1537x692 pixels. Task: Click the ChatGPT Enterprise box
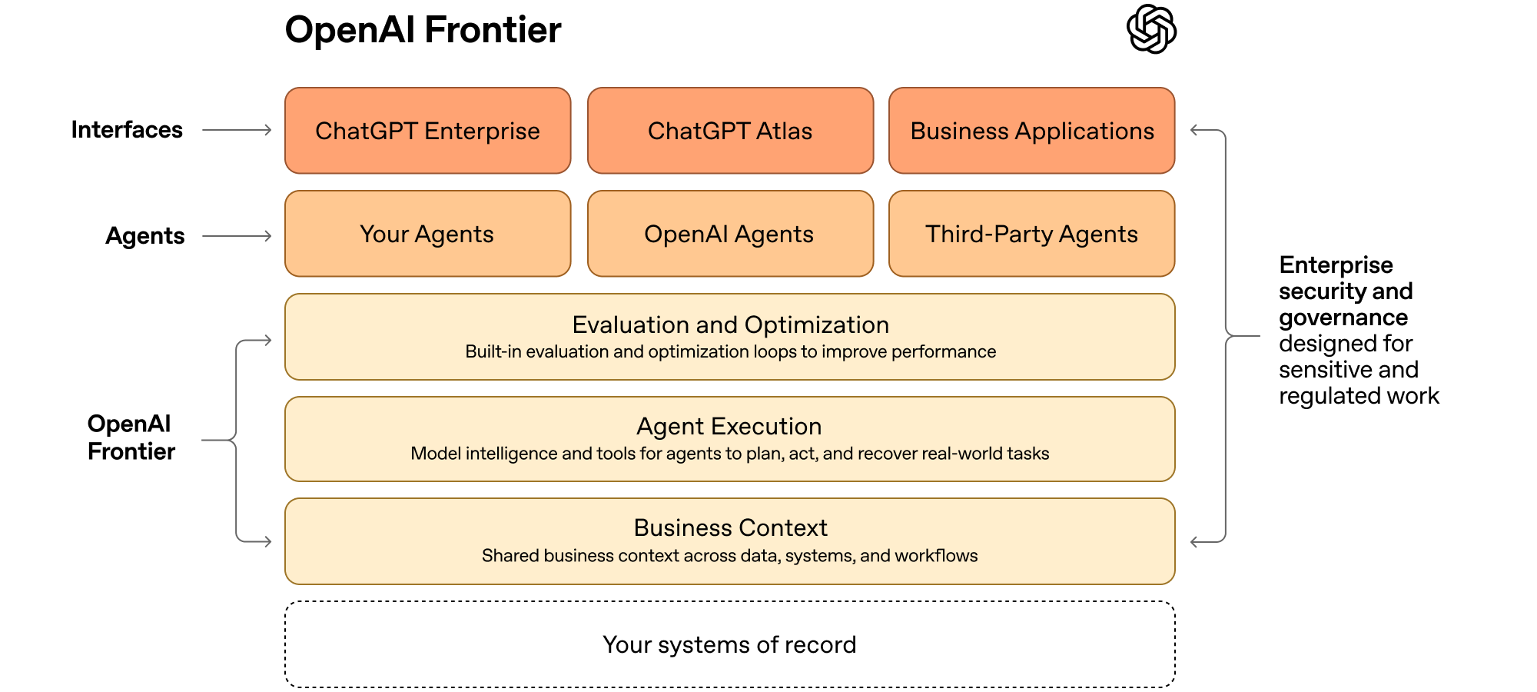click(x=427, y=131)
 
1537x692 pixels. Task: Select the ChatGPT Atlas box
click(x=730, y=131)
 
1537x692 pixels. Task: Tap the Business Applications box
click(x=1031, y=131)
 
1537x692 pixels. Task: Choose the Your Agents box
click(x=427, y=234)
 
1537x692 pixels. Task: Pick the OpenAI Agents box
click(x=730, y=234)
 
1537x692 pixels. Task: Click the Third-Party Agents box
click(x=1031, y=234)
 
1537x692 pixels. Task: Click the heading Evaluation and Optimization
click(x=730, y=324)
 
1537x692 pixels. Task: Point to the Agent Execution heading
click(x=729, y=426)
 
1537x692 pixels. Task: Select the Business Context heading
click(x=730, y=527)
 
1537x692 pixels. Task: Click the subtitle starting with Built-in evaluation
click(x=730, y=352)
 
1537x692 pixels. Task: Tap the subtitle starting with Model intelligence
click(x=730, y=454)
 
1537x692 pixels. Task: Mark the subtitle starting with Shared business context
click(x=730, y=556)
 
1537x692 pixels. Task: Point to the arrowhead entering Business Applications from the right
click(x=1195, y=131)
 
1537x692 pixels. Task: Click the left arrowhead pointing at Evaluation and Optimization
click(x=267, y=340)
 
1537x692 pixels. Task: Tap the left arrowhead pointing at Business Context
click(x=267, y=541)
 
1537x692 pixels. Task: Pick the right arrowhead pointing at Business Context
click(x=1195, y=541)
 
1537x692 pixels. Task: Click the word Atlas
click(x=784, y=131)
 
